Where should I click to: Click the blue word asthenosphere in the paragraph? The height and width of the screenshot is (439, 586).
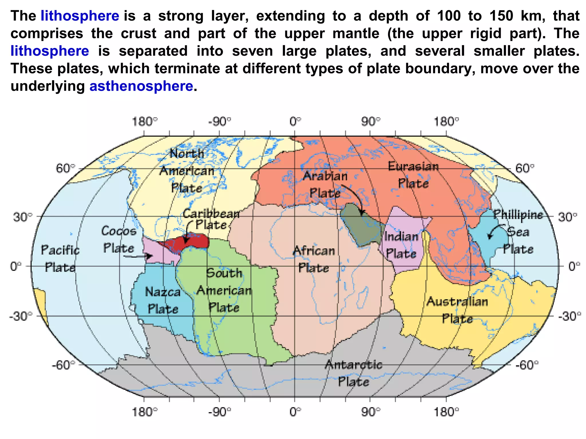click(141, 86)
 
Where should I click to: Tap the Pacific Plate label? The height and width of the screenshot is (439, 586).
click(60, 259)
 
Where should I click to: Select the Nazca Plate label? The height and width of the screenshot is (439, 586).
click(163, 300)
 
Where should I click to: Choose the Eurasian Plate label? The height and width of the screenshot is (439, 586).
click(413, 175)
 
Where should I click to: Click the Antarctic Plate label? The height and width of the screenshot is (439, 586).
click(354, 373)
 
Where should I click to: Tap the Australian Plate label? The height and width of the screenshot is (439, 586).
click(457, 310)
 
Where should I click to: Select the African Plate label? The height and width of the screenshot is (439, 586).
click(314, 259)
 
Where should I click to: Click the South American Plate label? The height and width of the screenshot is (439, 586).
click(224, 290)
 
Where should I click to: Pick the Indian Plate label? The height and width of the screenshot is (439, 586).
click(401, 245)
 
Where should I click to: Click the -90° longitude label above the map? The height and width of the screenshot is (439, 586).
click(219, 122)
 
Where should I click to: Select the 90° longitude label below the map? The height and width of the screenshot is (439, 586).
click(371, 412)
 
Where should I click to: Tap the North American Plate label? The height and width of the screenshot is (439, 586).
click(187, 171)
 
